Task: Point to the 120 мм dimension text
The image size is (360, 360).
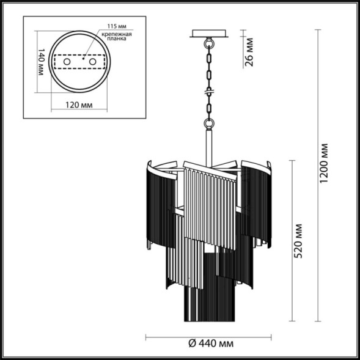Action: (x=79, y=105)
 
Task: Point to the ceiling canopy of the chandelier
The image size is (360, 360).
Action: (x=210, y=34)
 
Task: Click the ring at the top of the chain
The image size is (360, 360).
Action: (x=210, y=45)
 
